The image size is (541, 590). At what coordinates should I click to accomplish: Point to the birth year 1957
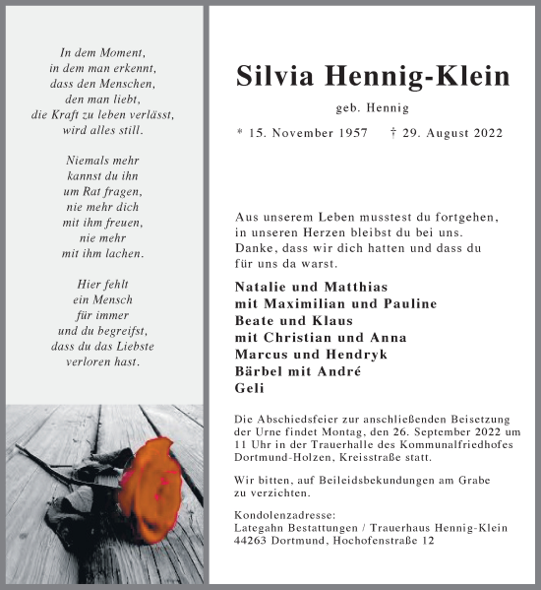(351, 133)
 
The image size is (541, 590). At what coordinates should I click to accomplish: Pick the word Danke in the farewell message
(257, 250)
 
